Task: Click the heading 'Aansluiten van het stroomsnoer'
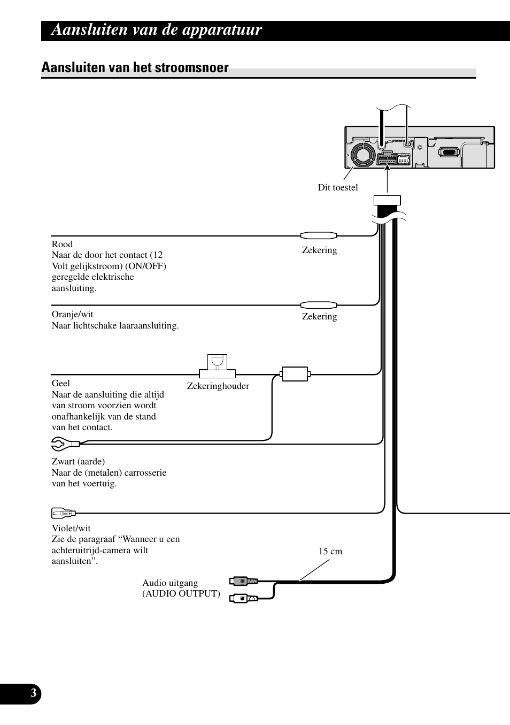point(135,67)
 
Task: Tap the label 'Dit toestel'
point(338,187)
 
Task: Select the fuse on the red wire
point(319,235)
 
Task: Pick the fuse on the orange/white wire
point(319,304)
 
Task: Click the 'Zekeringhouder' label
point(218,386)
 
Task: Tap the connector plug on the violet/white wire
point(64,514)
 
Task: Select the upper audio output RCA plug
point(244,581)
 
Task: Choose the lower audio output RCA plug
point(244,598)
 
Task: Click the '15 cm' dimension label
point(330,551)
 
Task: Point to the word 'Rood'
point(62,244)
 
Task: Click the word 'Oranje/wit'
point(72,314)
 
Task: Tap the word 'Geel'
point(61,383)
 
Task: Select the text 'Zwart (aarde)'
point(78,461)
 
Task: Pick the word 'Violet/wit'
point(71,528)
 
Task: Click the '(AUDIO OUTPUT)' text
point(181,593)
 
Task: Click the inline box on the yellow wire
point(295,373)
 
